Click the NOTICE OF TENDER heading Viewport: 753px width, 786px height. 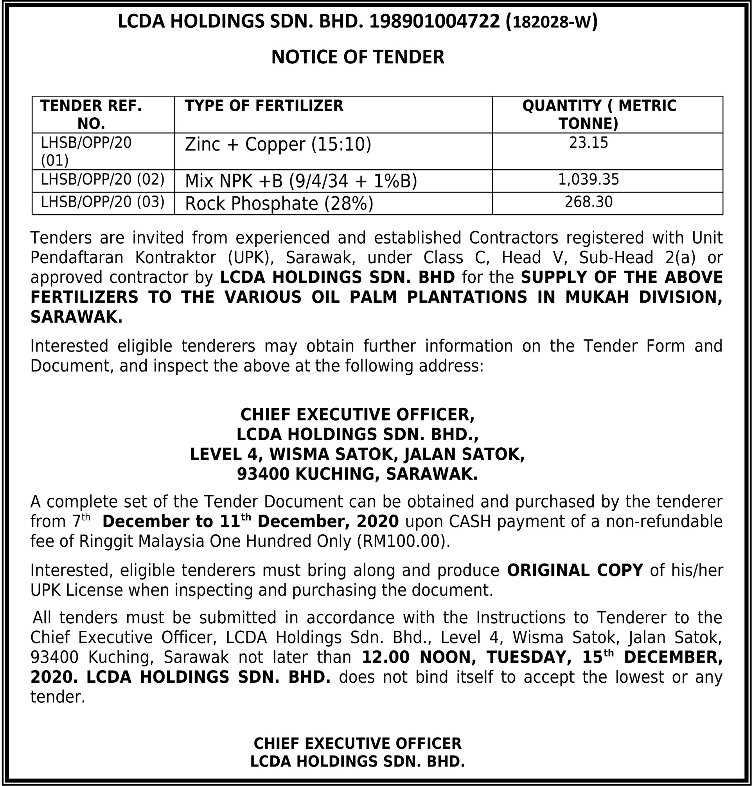point(358,57)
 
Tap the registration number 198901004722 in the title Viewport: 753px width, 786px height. point(435,21)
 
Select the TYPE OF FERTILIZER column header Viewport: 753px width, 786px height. point(264,106)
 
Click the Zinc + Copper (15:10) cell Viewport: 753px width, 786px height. point(278,144)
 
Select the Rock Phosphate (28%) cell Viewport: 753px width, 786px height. point(279,203)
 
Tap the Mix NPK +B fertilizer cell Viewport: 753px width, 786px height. point(301,181)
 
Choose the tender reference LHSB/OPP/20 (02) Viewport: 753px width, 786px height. point(103,179)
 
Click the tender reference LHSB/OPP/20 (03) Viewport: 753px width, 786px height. point(103,202)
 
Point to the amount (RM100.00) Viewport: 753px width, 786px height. point(403,541)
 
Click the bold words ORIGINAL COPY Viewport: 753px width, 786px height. point(575,570)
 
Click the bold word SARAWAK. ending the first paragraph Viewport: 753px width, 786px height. point(76,317)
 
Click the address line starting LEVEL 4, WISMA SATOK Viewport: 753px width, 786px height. point(357,454)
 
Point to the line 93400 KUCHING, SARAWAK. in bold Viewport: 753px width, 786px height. point(357,474)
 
